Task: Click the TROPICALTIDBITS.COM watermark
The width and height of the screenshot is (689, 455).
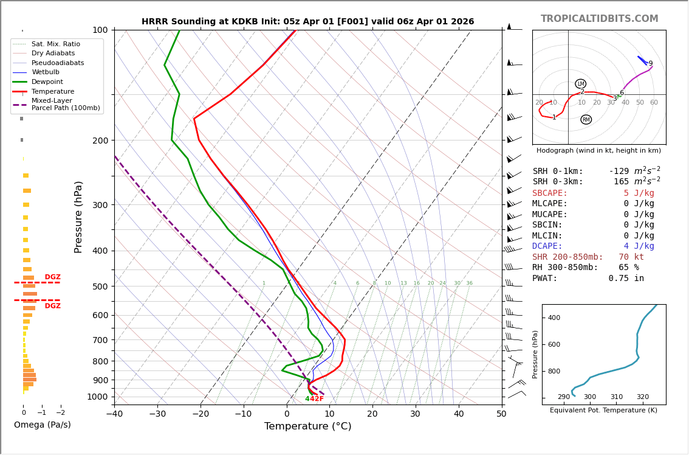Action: coord(599,19)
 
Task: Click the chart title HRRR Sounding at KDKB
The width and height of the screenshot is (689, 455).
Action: coord(307,21)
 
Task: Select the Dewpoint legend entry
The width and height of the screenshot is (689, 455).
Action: coord(47,82)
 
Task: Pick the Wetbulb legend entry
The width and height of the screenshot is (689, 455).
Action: coord(46,72)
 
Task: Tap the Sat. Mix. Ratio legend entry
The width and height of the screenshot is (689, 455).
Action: coord(55,44)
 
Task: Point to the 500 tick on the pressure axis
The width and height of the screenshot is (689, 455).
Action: coord(100,287)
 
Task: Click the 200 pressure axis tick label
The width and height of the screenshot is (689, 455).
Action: coord(100,141)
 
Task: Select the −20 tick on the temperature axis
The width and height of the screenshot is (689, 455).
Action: coord(201,414)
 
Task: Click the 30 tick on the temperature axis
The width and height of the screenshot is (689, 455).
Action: coord(415,414)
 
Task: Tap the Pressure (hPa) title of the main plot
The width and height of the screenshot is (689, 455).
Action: coord(78,217)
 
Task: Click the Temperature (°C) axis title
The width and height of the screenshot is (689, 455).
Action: coord(307,426)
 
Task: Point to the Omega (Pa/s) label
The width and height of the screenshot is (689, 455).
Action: coord(42,425)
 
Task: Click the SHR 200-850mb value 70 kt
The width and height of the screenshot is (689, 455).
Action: coord(631,257)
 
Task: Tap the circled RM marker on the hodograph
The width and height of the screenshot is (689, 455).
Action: coord(586,120)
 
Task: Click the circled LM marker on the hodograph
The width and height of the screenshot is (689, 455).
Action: coord(580,84)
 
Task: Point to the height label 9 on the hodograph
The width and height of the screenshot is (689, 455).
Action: coord(650,64)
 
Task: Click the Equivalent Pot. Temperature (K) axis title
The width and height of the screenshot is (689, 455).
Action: coord(603,410)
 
